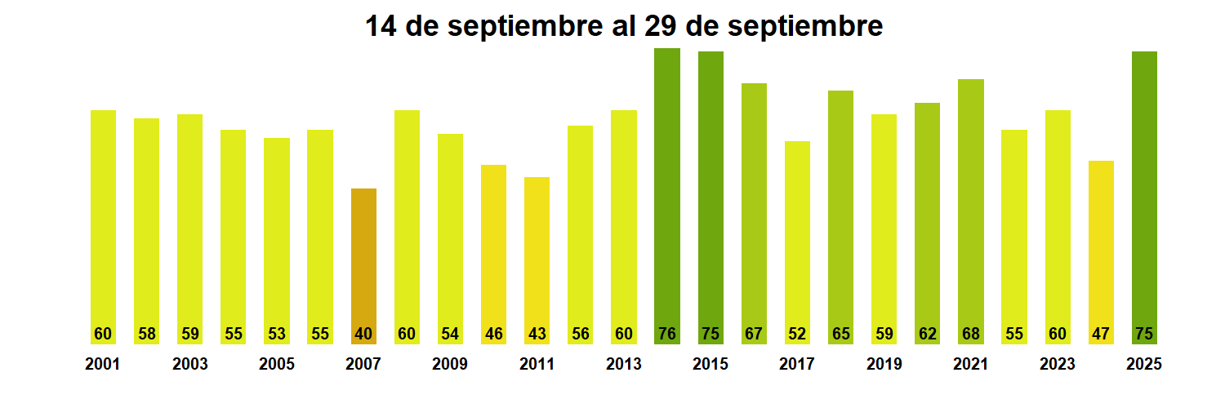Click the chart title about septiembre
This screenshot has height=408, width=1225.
[623, 27]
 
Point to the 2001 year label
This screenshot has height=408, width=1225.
[103, 365]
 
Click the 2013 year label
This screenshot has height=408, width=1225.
[624, 365]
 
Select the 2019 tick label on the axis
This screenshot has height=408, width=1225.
[884, 365]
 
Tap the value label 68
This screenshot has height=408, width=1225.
[971, 334]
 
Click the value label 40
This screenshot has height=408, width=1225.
[363, 334]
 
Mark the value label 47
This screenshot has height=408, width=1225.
[1101, 334]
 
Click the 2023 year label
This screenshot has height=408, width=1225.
[1058, 365]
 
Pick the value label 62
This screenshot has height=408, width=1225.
[927, 334]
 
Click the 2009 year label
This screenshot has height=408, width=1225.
[450, 365]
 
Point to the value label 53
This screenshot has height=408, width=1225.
[277, 334]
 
